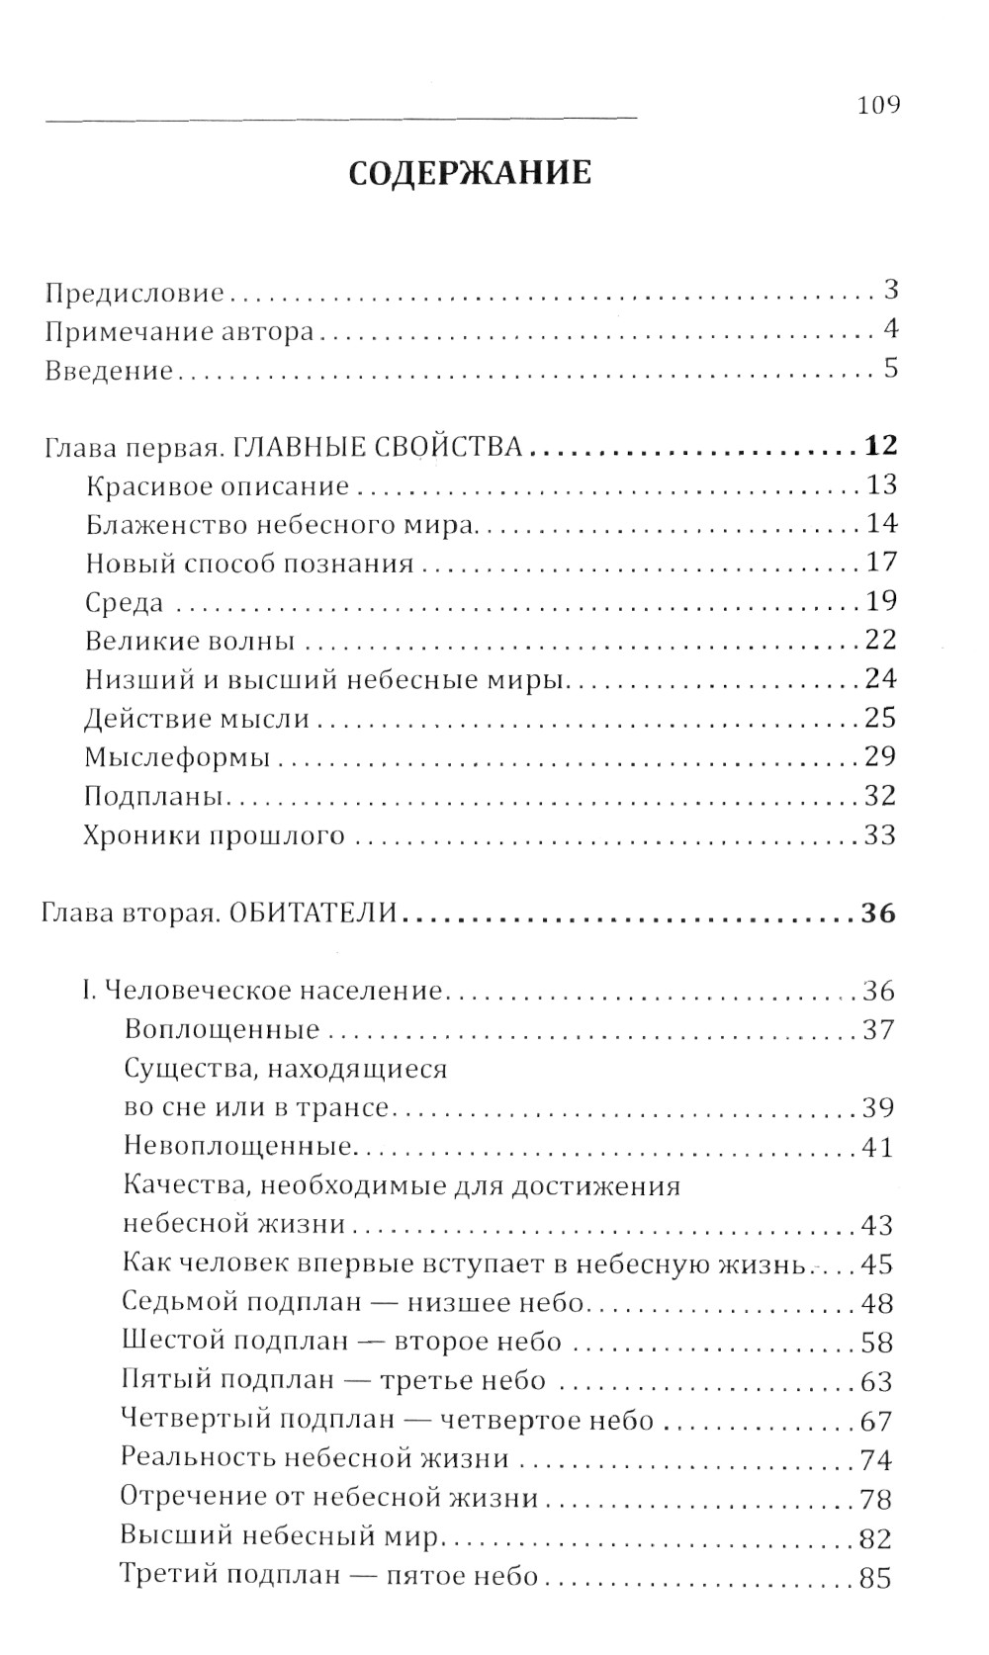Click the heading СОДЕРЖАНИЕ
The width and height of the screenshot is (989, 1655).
pos(471,173)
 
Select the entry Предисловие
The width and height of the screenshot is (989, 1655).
pos(135,294)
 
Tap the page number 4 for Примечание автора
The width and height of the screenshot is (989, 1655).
pos(890,330)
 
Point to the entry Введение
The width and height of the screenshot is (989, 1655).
pos(110,371)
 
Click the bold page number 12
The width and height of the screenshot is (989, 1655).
pos(879,446)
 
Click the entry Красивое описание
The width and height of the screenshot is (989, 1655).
pos(218,486)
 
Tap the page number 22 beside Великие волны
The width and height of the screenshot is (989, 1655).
pos(879,641)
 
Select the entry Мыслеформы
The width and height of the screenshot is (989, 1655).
pos(177,758)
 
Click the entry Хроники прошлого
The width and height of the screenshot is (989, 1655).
pos(215,836)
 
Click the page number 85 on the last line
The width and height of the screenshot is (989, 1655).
pos(876,1578)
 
